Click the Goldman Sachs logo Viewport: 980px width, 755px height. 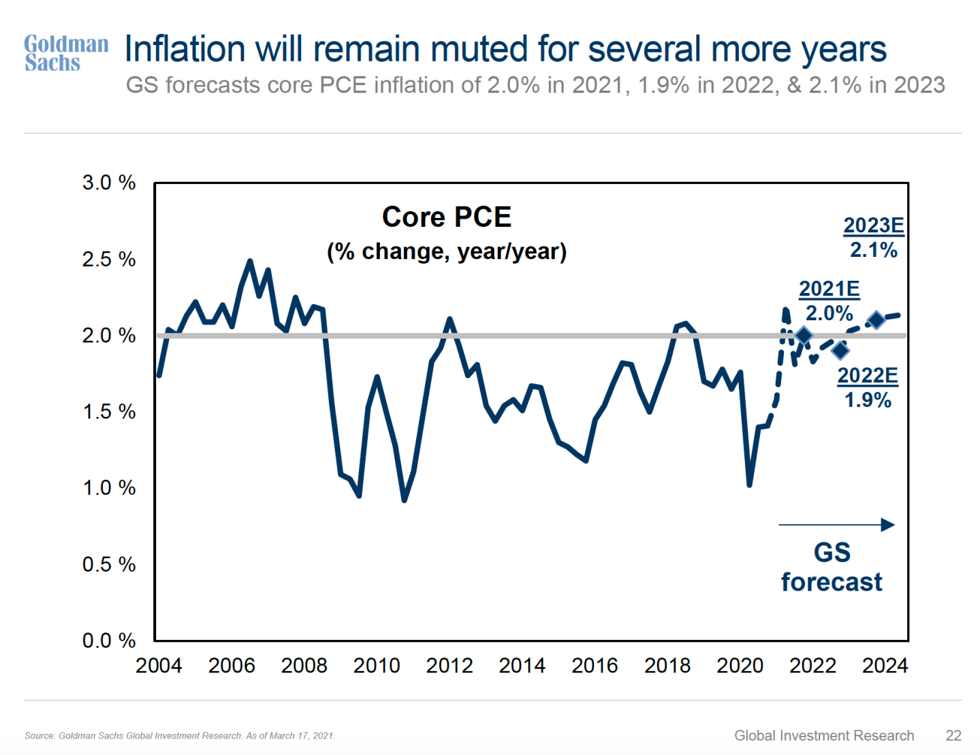[x=66, y=53]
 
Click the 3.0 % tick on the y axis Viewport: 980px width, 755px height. [x=109, y=183]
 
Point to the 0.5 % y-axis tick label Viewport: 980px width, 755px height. [x=109, y=564]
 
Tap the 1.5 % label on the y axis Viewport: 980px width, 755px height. [x=109, y=412]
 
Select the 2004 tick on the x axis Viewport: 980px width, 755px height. [x=159, y=665]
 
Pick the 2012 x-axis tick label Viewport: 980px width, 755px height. [x=449, y=665]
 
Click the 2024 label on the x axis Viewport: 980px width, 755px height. [x=885, y=665]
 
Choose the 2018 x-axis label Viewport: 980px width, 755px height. [x=667, y=665]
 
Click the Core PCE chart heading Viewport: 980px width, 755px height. [x=447, y=217]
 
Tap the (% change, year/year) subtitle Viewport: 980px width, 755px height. [x=447, y=251]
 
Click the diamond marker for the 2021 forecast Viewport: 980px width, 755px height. [x=804, y=335]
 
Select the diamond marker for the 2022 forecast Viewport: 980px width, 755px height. [x=840, y=350]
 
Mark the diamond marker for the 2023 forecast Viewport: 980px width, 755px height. [x=876, y=320]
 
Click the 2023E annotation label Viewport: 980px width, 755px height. [x=874, y=226]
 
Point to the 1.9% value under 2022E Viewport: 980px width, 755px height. [x=868, y=400]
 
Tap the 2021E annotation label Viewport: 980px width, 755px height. [x=829, y=289]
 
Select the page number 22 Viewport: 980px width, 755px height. [x=953, y=735]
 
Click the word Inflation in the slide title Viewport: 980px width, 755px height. [x=185, y=50]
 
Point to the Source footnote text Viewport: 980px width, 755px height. [x=180, y=736]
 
